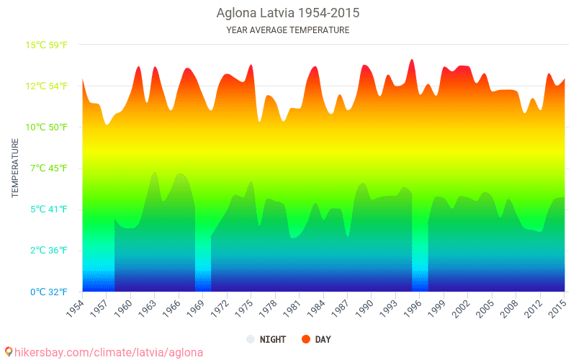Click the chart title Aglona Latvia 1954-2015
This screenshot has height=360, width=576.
(288, 13)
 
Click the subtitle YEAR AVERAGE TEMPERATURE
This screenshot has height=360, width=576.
(288, 30)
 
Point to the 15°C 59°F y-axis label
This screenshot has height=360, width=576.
(47, 45)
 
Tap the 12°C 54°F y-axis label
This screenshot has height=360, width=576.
(47, 86)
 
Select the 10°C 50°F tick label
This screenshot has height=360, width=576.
(47, 127)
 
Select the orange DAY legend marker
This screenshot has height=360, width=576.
(306, 339)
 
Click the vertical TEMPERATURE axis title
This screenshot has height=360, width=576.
(15, 168)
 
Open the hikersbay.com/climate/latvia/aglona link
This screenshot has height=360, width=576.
(108, 352)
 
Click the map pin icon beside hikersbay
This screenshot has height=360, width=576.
(8, 351)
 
